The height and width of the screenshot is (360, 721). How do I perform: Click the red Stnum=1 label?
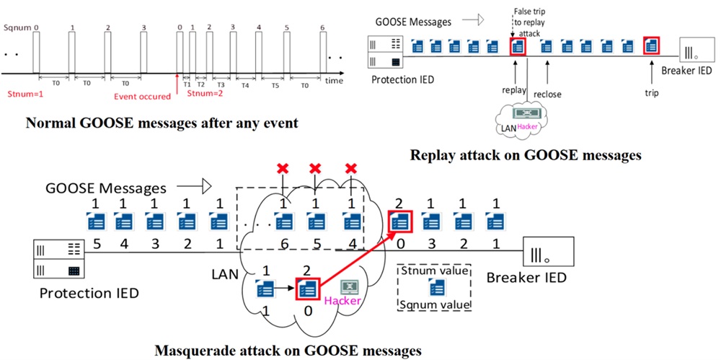[22, 93]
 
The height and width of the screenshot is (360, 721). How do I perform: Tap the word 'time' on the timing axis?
[334, 81]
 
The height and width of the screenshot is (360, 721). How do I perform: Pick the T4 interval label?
[245, 84]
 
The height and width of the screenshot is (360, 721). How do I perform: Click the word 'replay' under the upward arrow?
[514, 91]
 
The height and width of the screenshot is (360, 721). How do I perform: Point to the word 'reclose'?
[548, 94]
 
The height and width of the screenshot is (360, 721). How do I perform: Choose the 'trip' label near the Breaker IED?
[653, 92]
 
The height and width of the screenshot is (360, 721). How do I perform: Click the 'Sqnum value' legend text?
[435, 305]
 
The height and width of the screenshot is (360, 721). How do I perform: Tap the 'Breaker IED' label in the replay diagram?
[686, 71]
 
